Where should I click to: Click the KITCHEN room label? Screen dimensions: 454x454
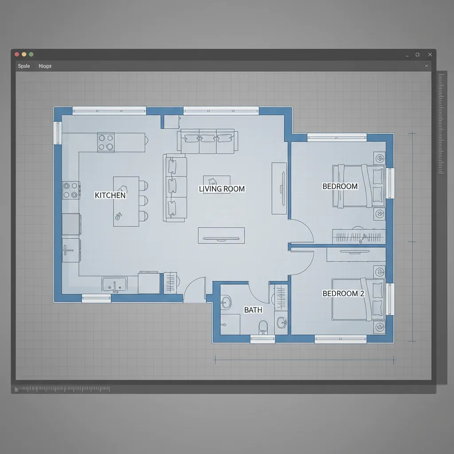tap(110, 195)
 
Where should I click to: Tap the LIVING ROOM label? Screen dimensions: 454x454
tap(222, 189)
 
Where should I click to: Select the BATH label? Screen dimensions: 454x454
tap(253, 310)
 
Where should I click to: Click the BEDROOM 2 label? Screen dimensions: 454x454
tap(340, 294)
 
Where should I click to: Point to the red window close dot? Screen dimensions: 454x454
tap(17, 54)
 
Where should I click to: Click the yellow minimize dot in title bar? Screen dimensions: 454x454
tap(24, 54)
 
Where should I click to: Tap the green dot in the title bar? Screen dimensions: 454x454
tap(31, 54)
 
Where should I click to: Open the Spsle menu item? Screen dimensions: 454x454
tap(24, 66)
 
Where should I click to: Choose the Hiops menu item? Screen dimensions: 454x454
tap(45, 66)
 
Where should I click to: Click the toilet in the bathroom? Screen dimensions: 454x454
tap(263, 327)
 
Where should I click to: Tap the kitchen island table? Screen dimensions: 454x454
tap(126, 201)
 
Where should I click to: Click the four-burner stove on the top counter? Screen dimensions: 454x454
tap(106, 142)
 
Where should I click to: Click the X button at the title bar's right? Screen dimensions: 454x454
tap(430, 55)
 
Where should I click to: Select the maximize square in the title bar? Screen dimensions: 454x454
tap(417, 55)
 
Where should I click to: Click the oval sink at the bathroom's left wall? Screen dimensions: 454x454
tap(226, 303)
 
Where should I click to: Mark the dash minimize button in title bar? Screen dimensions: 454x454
tap(407, 55)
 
